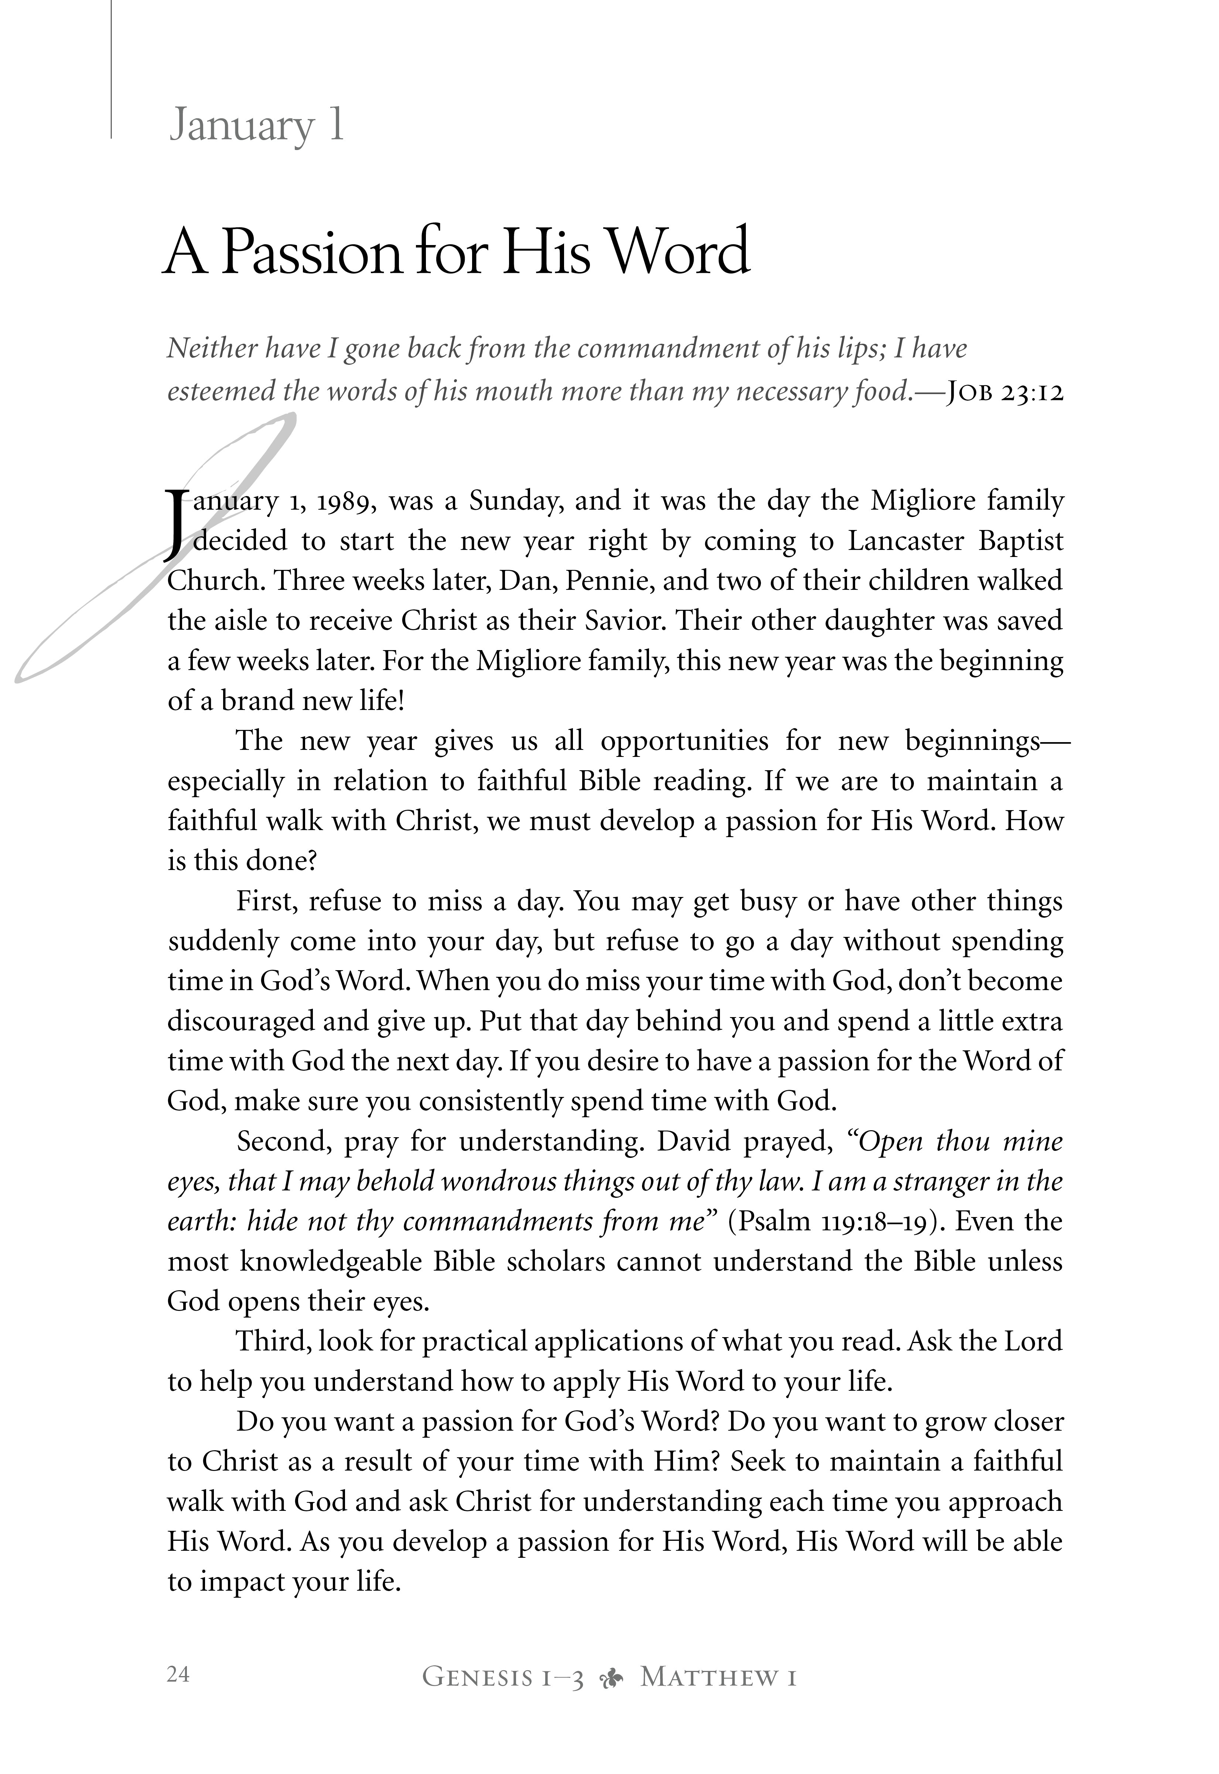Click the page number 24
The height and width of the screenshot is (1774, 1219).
[178, 1675]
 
